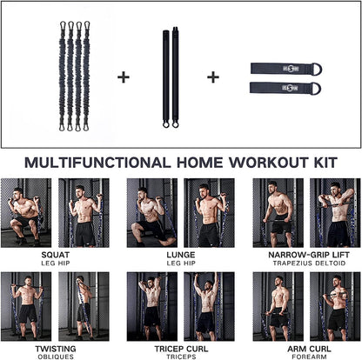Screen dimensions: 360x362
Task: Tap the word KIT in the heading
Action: tap(321, 161)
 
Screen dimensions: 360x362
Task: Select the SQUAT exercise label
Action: tap(55, 256)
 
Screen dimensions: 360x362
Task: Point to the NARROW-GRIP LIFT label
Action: tap(305, 256)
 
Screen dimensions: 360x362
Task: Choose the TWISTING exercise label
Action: tap(55, 347)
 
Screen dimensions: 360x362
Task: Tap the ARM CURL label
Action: tap(305, 347)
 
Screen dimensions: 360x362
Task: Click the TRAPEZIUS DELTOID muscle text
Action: tap(305, 264)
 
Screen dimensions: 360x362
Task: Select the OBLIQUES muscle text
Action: tap(55, 355)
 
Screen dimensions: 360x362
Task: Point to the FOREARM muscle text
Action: tap(305, 355)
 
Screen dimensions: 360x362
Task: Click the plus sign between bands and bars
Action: tap(123, 77)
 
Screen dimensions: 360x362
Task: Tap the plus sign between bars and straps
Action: tap(212, 77)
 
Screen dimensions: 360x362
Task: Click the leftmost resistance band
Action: tap(62, 76)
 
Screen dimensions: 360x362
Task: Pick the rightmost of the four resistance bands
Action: tap(87, 76)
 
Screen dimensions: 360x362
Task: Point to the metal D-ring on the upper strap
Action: tap(313, 68)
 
